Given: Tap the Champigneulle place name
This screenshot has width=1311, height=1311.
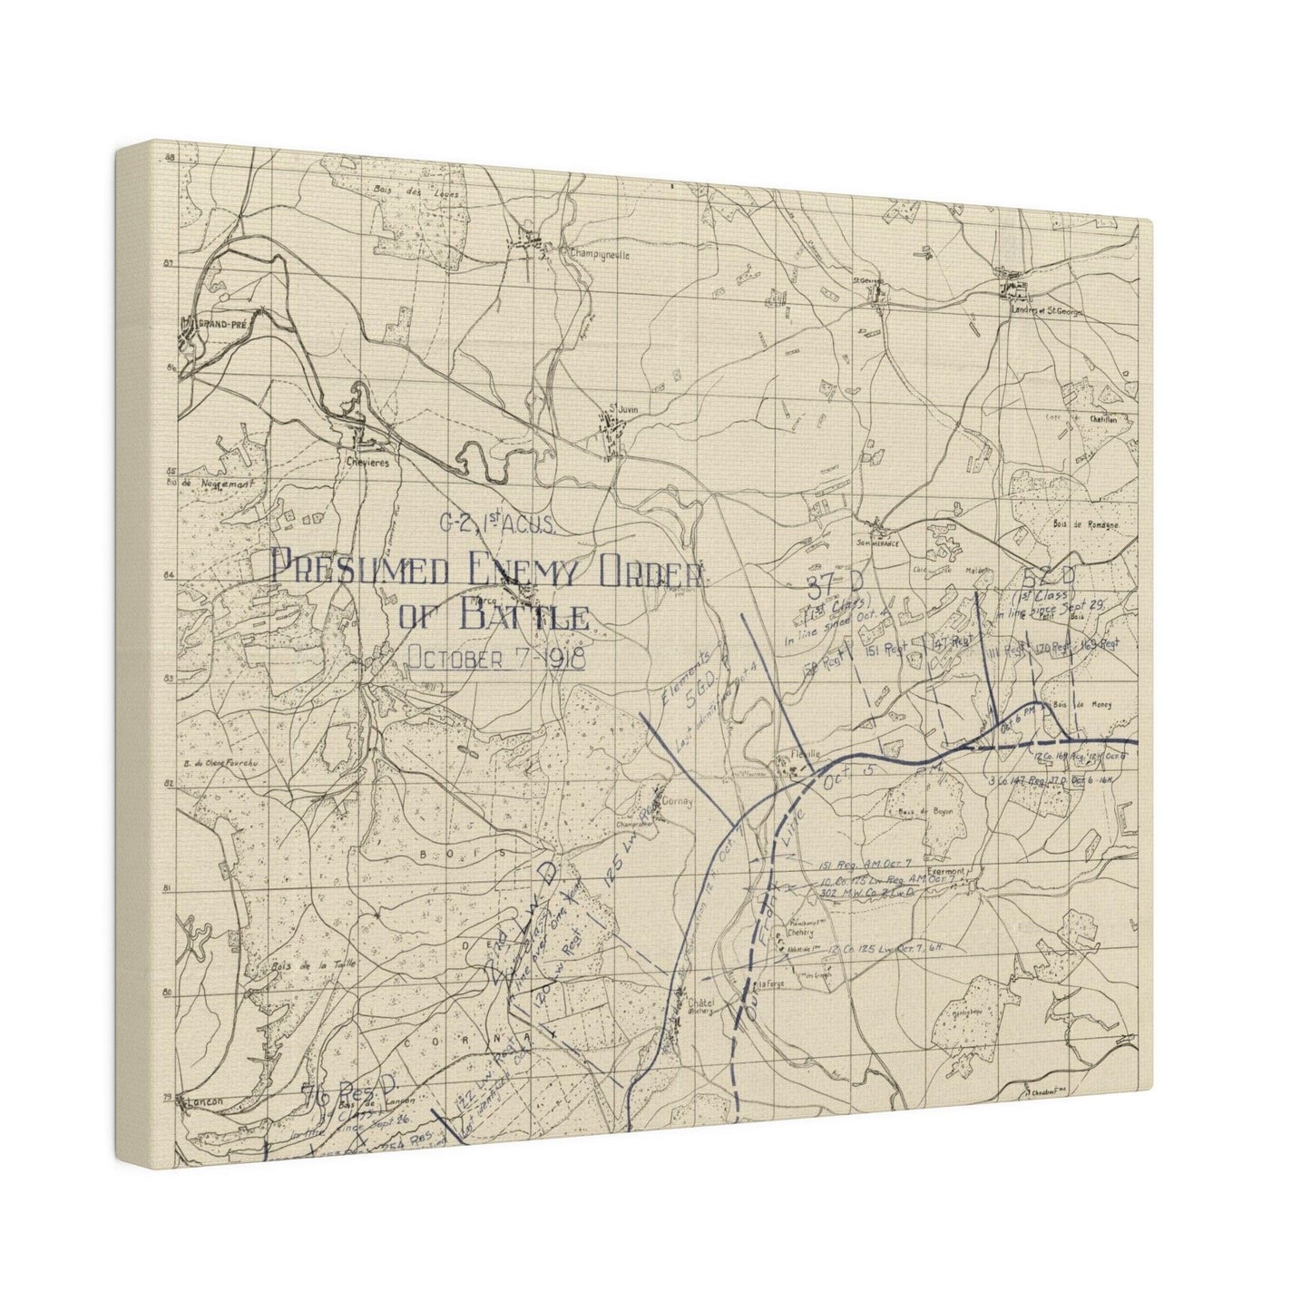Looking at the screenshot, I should [x=595, y=255].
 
